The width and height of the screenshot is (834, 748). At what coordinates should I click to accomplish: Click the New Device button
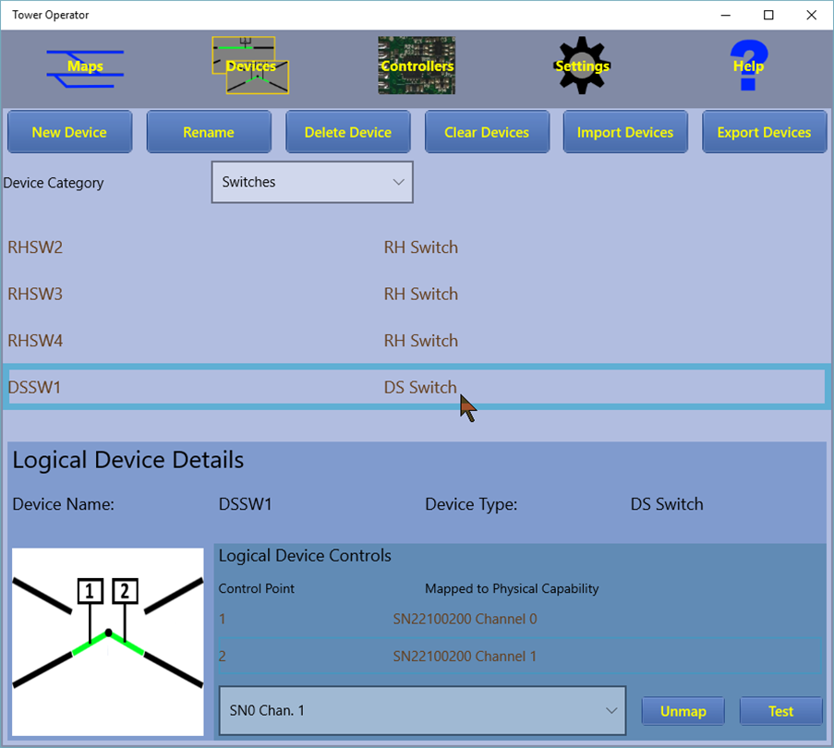coord(69,132)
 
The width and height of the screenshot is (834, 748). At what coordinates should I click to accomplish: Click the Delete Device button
coord(348,132)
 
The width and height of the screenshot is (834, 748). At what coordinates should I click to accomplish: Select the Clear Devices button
coord(487,132)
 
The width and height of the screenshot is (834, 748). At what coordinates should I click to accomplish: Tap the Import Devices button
coord(625,132)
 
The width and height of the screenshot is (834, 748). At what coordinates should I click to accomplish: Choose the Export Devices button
coord(765,132)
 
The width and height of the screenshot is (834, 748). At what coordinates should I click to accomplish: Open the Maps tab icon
coord(85,67)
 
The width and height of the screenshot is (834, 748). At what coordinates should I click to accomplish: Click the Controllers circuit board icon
coord(417,66)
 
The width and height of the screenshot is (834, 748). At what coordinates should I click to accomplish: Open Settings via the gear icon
coord(582,66)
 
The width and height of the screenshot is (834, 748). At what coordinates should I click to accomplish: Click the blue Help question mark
coord(749,65)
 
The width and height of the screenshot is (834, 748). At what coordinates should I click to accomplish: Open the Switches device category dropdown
coord(312,182)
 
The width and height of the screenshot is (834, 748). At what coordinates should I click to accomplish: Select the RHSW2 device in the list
coord(35,247)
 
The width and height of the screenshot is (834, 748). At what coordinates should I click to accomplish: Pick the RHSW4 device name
coord(35,340)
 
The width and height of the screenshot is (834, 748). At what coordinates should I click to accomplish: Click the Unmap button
coord(683,711)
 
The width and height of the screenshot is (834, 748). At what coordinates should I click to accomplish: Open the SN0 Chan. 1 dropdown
coord(422,711)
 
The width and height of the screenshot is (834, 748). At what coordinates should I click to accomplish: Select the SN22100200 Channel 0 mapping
coord(465,619)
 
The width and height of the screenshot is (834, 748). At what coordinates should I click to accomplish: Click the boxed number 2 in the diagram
coord(125,591)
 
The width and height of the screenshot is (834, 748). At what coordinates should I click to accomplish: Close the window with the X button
coord(811,15)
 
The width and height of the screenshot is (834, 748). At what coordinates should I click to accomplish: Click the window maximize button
coord(768,15)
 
